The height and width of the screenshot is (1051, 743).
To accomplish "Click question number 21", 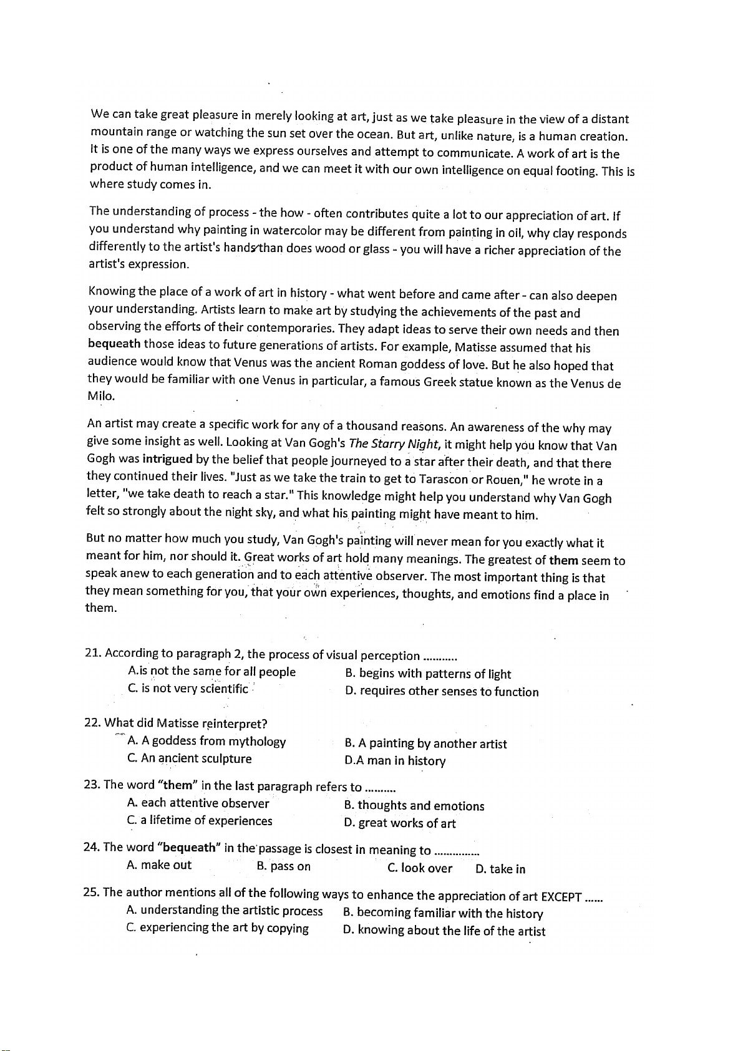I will pos(93,654).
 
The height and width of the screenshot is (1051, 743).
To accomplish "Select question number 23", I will pos(92,785).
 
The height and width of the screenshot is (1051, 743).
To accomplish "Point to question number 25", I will pos(92,893).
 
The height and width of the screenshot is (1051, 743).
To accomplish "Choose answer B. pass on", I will pos(284,867).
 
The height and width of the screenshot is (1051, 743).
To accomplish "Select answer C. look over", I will pos(420,868).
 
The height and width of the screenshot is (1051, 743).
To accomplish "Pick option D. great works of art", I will pos(400,823).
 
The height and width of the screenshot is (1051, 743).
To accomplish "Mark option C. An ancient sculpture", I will pos(190,759).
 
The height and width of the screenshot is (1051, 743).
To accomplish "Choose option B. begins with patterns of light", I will pos(428,674).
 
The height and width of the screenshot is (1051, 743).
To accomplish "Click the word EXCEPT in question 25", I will pos(561,897).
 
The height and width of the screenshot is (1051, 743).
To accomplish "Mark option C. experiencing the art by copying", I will pos(218,928).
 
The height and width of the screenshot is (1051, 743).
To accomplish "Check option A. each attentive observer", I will pos(198,803).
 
